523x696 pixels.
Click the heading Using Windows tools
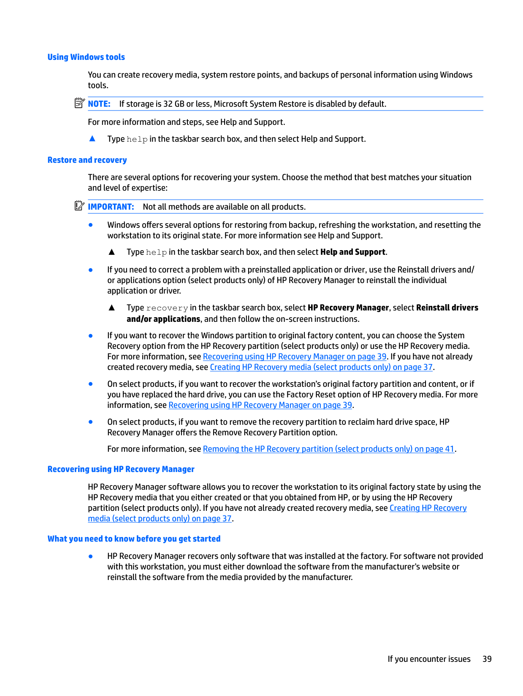pos(86,57)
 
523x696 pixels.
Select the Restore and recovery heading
pos(87,160)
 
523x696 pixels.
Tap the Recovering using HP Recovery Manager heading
pos(121,469)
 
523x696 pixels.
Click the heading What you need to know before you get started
pos(134,539)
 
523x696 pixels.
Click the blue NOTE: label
pos(99,104)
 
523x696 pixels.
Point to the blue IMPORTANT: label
pos(111,207)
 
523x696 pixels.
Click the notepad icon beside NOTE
pos(79,103)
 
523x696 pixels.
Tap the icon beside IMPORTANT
pos(79,206)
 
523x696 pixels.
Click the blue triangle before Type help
pos(92,139)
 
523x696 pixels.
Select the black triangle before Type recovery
pos(112,308)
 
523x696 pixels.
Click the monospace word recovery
pos(167,308)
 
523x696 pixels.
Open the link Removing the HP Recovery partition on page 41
pos(328,449)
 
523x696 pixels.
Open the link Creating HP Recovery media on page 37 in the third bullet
pos(321,367)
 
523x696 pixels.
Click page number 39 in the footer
pos(487,659)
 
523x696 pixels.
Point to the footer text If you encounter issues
pos(429,659)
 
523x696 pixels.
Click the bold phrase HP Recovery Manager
pos(348,308)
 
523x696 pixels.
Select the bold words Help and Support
pos(352,252)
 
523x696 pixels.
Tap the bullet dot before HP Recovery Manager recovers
pos(91,556)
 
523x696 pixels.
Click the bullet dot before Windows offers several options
pos(91,225)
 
